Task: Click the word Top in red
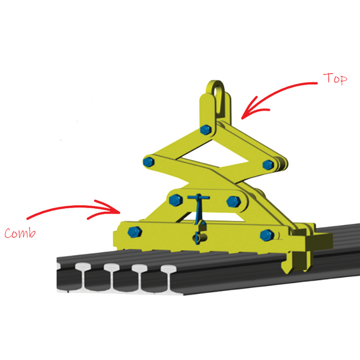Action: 335,79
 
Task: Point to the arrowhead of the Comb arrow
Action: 121,209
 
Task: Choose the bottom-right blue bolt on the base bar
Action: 265,235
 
